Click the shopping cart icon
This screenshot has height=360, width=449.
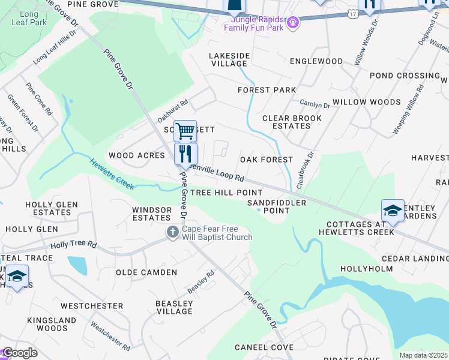185,130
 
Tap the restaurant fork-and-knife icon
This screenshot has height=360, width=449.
185,154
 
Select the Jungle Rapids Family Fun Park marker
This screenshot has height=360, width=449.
292,23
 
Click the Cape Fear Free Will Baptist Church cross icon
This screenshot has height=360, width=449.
173,232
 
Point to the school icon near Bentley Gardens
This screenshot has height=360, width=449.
393,211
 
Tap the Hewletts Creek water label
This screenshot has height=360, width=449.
112,173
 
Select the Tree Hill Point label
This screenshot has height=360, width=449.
226,193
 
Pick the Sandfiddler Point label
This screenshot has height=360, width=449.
277,206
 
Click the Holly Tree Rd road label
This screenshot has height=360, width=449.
74,245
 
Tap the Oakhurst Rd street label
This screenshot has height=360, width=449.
173,109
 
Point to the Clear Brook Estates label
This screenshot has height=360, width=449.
292,122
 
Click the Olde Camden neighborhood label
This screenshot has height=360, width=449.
146,272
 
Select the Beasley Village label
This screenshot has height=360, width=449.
174,307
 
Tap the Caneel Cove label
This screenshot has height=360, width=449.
264,347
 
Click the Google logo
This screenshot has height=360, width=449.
20,353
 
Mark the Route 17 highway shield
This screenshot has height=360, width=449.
352,12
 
